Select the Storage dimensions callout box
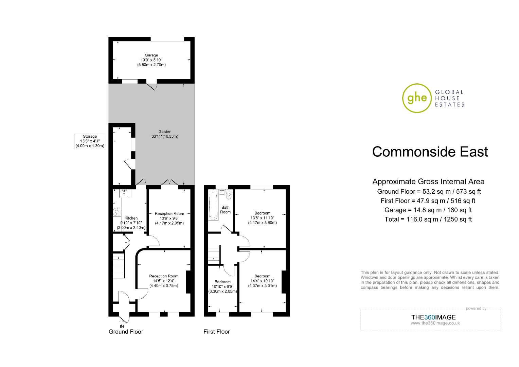pyautogui.click(x=90, y=141)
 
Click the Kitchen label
pyautogui.click(x=131, y=218)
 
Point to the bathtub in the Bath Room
pyautogui.click(x=213, y=205)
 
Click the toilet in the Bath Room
pyautogui.click(x=229, y=194)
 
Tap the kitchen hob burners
pyautogui.click(x=117, y=211)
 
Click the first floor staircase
pyautogui.click(x=214, y=255)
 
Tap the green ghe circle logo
pyautogui.click(x=417, y=98)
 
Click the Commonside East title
pyautogui.click(x=430, y=152)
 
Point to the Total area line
pyautogui.click(x=428, y=219)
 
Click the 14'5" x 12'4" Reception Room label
pyautogui.click(x=164, y=281)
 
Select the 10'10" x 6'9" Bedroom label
pyautogui.click(x=222, y=286)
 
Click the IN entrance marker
pyautogui.click(x=122, y=327)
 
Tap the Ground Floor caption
pyautogui.click(x=126, y=332)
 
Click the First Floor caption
pyautogui.click(x=217, y=332)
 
